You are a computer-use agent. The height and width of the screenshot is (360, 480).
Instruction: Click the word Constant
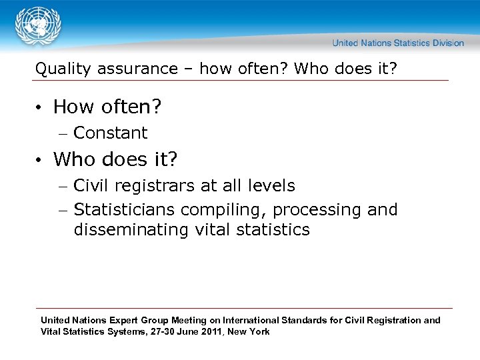(x=110, y=133)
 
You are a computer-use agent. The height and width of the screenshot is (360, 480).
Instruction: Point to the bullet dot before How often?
(x=40, y=107)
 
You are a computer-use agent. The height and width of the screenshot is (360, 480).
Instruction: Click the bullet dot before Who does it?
(x=40, y=160)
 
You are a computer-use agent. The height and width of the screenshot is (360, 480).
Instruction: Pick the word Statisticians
(x=125, y=209)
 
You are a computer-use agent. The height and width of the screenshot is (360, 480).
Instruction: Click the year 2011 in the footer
(x=213, y=331)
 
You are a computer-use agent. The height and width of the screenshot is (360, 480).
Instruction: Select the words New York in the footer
(x=249, y=331)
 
